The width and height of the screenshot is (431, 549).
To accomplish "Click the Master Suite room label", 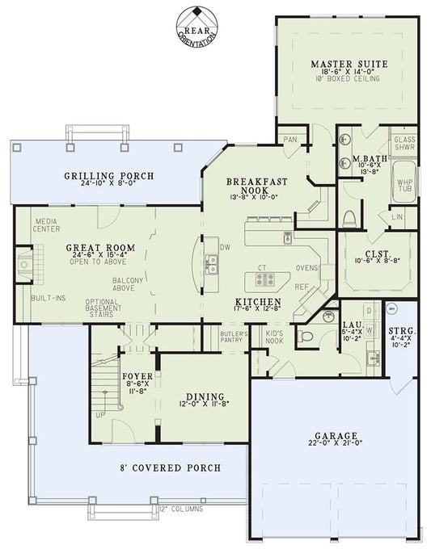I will [349, 63].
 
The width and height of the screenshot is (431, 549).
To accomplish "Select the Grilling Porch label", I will [109, 175].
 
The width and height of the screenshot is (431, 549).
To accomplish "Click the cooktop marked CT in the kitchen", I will [264, 279].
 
